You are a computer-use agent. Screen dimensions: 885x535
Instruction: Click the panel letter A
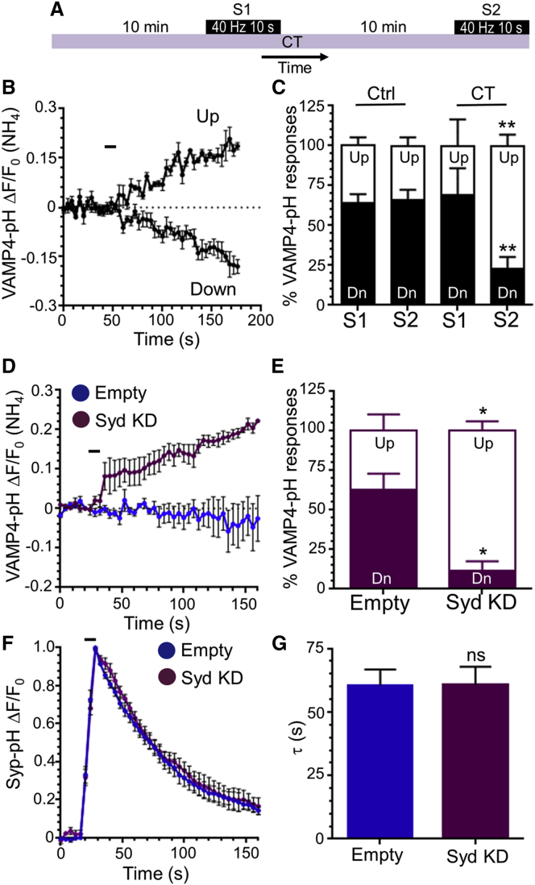click(x=57, y=10)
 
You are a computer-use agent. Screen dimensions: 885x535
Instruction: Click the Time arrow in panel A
click(x=295, y=57)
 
